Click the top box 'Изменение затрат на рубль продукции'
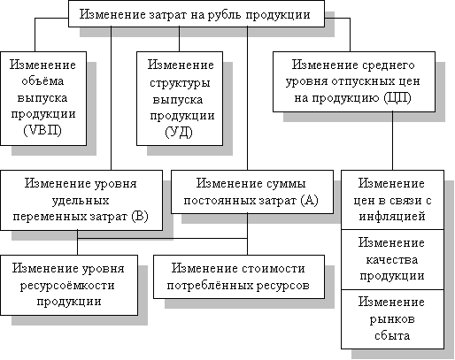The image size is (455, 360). [x=197, y=14]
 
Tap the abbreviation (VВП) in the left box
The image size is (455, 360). [x=42, y=130]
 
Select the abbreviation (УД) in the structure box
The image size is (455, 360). [x=179, y=132]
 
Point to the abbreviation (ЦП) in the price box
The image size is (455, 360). [x=397, y=97]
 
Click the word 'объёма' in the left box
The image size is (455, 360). [x=42, y=80]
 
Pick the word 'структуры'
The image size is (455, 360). [x=180, y=83]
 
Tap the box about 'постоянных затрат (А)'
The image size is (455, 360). [x=252, y=192]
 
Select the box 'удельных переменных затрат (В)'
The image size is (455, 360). [x=81, y=200]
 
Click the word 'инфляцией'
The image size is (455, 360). [x=392, y=217]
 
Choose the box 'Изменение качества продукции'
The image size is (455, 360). [x=392, y=259]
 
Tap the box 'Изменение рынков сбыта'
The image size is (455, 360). [x=392, y=319]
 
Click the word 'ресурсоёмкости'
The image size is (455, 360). [x=67, y=285]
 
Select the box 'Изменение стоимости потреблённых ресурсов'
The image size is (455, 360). [x=239, y=277]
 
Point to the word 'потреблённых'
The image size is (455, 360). [x=207, y=286]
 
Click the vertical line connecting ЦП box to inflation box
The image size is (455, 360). [x=392, y=141]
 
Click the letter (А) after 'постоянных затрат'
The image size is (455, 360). [x=309, y=201]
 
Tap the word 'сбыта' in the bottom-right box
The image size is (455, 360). [x=392, y=335]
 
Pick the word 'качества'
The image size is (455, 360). [x=392, y=260]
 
